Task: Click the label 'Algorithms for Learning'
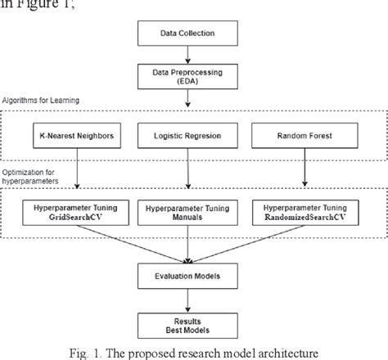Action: [46, 100]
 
